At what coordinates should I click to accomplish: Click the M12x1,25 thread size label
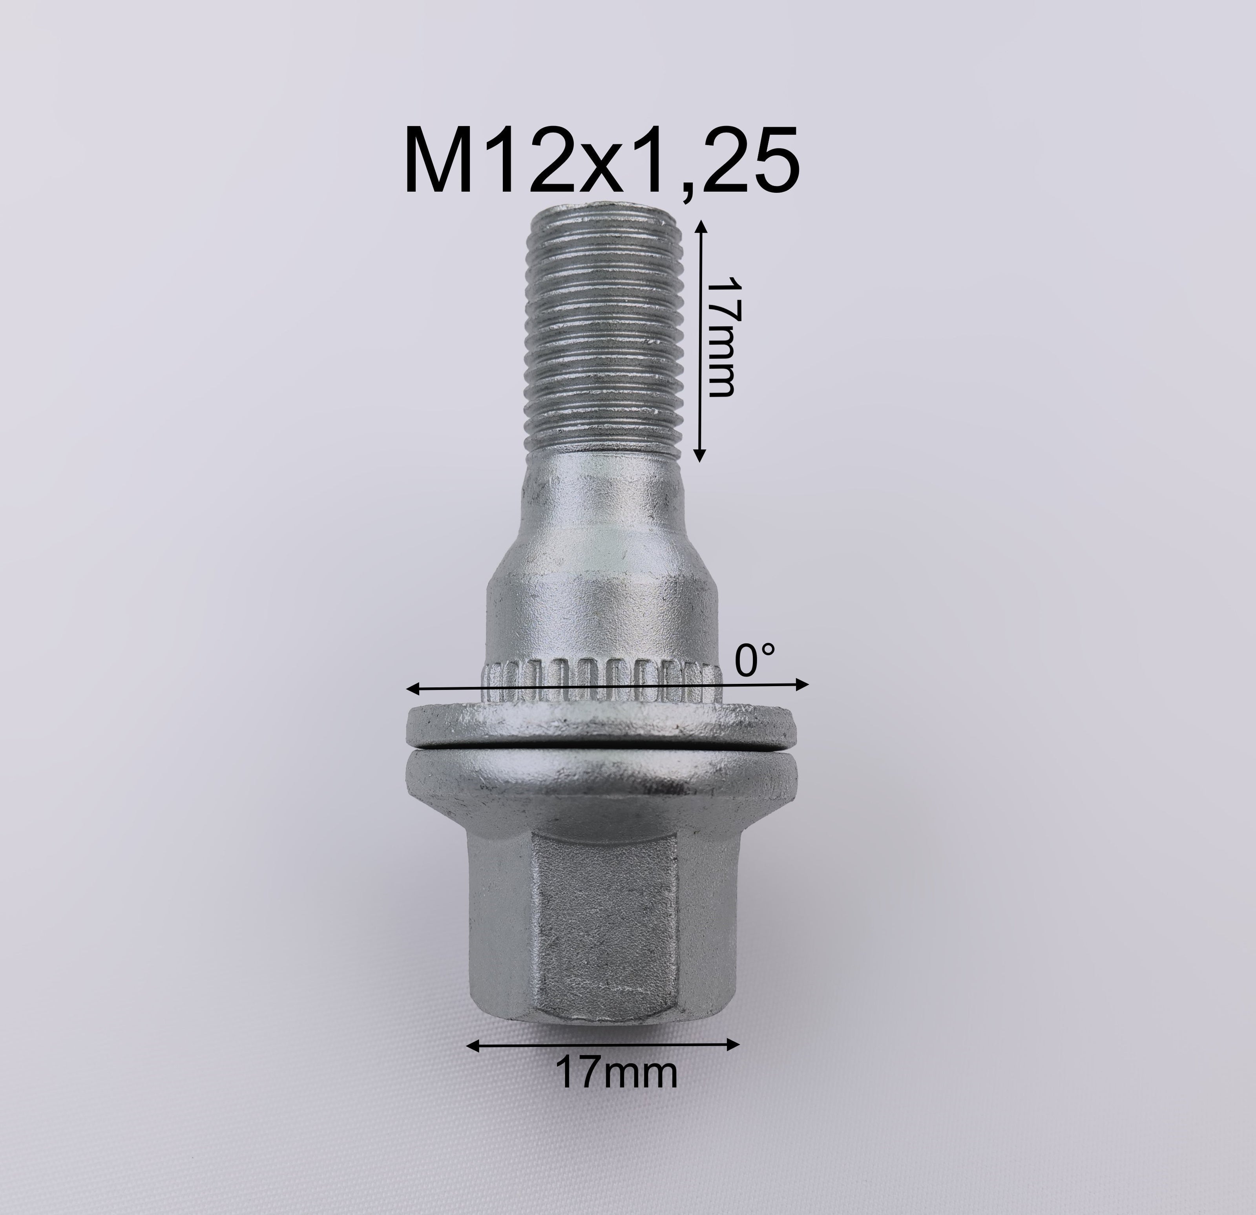(x=601, y=160)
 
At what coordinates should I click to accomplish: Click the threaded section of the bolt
(x=602, y=333)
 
